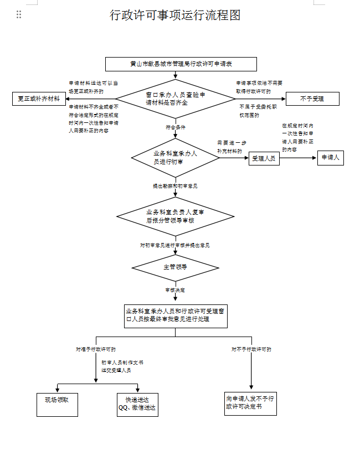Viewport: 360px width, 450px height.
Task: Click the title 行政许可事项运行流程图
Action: pyautogui.click(x=175, y=15)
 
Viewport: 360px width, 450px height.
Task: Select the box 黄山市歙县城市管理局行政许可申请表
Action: pyautogui.click(x=181, y=64)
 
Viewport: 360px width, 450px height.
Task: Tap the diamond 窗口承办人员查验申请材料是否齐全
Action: pyautogui.click(x=175, y=99)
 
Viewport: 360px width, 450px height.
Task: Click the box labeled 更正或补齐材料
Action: pyautogui.click(x=39, y=99)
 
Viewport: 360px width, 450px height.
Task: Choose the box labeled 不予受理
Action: pyautogui.click(x=312, y=99)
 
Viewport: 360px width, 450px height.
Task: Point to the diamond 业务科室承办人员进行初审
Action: pyautogui.click(x=175, y=158)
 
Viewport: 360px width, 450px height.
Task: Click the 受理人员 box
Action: pyautogui.click(x=264, y=159)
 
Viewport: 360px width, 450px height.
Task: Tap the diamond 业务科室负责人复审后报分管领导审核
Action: pyautogui.click(x=175, y=216)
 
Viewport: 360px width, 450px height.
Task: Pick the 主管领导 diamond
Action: pyautogui.click(x=175, y=267)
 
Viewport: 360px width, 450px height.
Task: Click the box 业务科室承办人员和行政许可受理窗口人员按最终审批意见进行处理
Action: pyautogui.click(x=175, y=315)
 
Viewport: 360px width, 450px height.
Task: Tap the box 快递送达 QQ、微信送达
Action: pyautogui.click(x=137, y=405)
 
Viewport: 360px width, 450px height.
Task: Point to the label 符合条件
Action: pyautogui.click(x=176, y=127)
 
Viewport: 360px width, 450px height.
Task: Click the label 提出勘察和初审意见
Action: pyautogui.click(x=175, y=186)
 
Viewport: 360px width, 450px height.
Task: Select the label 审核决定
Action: pyautogui.click(x=175, y=289)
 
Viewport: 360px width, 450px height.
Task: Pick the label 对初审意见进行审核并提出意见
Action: pyautogui.click(x=175, y=244)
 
